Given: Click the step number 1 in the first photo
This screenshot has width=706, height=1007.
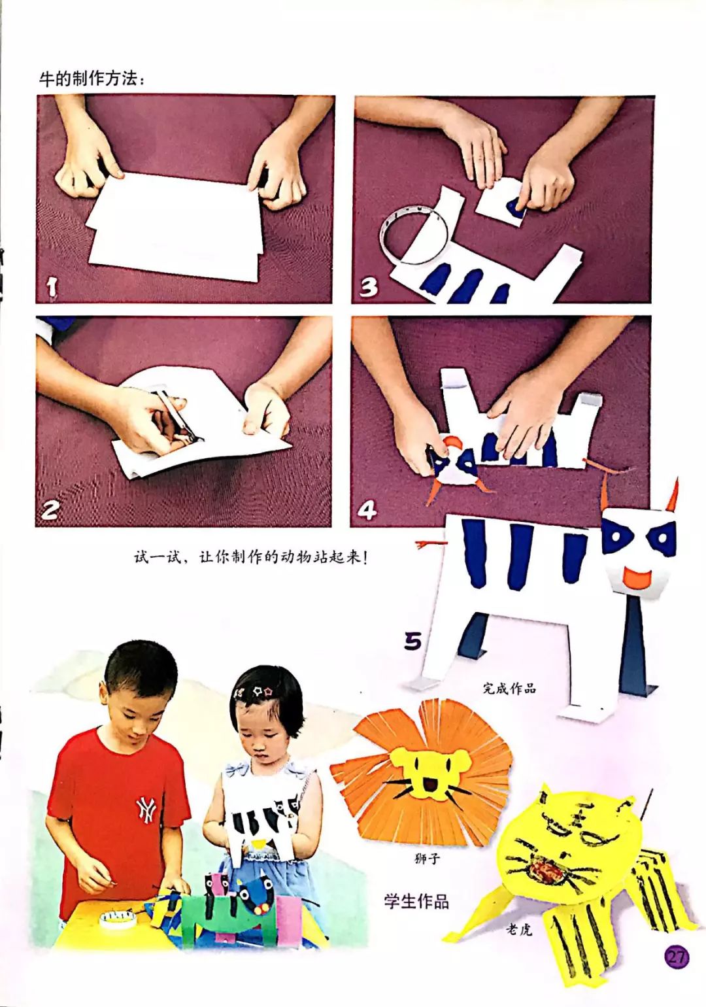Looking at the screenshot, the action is [x=52, y=287].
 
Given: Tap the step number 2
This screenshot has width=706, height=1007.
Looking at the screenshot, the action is [x=50, y=509].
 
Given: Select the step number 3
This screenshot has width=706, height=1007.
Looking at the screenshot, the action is [x=369, y=287].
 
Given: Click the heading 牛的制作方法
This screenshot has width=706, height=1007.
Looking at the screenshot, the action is [x=92, y=79].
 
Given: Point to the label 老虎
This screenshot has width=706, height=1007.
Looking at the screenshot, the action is [x=519, y=929].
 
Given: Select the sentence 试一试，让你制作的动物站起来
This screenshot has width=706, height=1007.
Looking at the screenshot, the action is [x=250, y=557].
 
